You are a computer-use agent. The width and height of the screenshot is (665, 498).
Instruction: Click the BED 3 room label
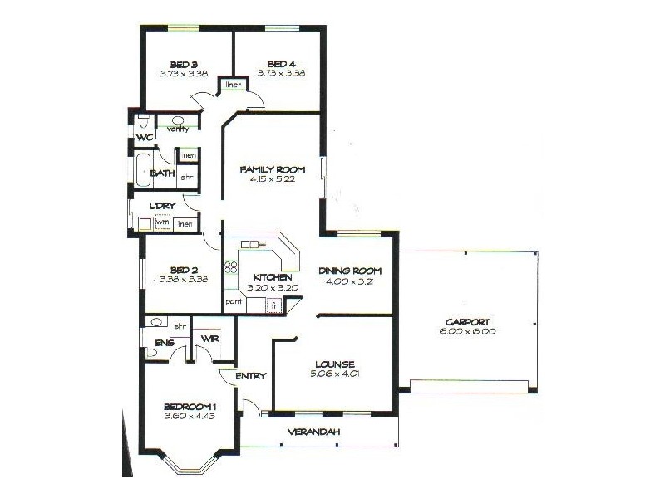click(x=183, y=64)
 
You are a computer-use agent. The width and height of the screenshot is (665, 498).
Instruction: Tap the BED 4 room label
click(x=280, y=64)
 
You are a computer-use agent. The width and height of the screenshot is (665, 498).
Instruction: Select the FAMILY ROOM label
click(x=268, y=169)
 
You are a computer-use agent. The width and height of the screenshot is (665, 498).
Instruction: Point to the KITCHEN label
click(x=272, y=276)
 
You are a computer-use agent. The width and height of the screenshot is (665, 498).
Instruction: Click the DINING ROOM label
click(x=350, y=271)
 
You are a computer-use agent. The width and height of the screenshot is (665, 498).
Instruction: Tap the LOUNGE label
click(x=336, y=364)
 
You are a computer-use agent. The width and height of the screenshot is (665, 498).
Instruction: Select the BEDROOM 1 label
click(x=190, y=406)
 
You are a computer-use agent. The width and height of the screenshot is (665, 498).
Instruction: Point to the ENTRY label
click(x=250, y=376)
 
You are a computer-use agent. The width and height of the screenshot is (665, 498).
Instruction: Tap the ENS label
click(x=164, y=342)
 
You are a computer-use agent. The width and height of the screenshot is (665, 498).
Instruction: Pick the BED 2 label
click(x=183, y=270)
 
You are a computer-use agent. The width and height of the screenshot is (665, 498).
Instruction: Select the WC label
click(x=145, y=136)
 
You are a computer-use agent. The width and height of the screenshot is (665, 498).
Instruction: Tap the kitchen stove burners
click(x=231, y=267)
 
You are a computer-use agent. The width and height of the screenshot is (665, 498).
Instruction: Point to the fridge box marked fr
click(x=273, y=305)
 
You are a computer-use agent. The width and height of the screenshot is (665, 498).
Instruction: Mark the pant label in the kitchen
click(x=234, y=301)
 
